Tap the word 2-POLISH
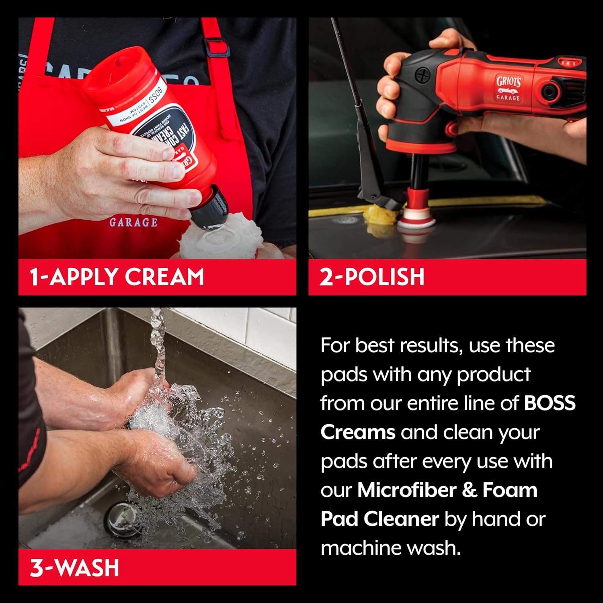click(372, 277)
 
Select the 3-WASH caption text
click(75, 568)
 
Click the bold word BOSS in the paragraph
click(550, 403)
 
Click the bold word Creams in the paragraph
click(358, 432)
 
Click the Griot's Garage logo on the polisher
click(509, 88)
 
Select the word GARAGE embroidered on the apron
click(133, 222)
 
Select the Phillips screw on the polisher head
click(422, 75)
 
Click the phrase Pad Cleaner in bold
click(379, 519)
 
